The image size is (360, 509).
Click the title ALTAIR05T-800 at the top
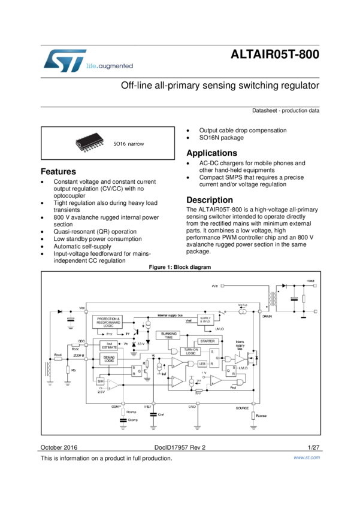tap(275, 55)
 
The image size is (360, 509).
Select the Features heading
tap(58, 171)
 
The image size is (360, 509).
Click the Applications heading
tap(211, 153)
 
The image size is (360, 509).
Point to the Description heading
tap(210, 200)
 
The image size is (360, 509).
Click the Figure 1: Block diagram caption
tap(180, 267)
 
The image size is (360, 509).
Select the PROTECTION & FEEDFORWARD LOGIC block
tap(108, 322)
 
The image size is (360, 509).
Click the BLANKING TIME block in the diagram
tap(170, 335)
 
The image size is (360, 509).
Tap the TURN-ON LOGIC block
tap(190, 352)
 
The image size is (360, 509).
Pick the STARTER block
tap(207, 341)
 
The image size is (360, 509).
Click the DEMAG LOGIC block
tap(109, 359)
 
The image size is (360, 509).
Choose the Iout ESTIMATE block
tap(109, 345)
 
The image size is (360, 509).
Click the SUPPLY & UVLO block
tap(205, 320)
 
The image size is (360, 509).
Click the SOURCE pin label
tap(242, 407)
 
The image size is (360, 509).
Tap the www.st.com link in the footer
tap(306, 458)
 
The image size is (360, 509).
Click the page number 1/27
tap(313, 447)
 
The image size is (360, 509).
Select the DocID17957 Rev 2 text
tap(180, 447)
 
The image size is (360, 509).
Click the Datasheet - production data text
tap(286, 111)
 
